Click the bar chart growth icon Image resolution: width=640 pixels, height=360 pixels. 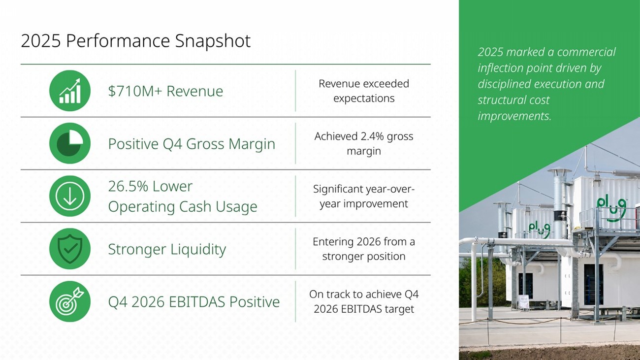click(70, 91)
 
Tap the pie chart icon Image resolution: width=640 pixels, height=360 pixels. click(70, 143)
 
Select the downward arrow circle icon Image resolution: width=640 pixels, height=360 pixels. click(70, 196)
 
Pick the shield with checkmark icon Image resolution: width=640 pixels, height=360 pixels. click(70, 249)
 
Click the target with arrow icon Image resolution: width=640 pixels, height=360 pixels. click(70, 301)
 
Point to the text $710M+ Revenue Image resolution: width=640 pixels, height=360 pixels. click(165, 91)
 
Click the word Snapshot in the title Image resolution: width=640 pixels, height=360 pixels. click(213, 41)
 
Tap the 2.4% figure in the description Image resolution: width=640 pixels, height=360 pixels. click(372, 136)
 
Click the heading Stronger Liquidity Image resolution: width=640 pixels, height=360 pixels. click(167, 249)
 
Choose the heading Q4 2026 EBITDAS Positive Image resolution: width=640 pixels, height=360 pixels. click(193, 302)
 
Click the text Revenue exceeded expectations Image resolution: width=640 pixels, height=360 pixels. click(364, 91)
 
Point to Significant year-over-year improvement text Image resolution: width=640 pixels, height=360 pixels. click(364, 196)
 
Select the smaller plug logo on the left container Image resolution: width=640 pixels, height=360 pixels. click(539, 229)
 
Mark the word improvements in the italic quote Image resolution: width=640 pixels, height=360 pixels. click(514, 116)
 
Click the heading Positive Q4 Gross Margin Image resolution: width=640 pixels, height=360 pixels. click(192, 144)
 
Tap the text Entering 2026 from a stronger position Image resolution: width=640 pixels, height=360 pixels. click(364, 249)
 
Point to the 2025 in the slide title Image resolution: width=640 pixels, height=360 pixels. click(41, 41)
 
